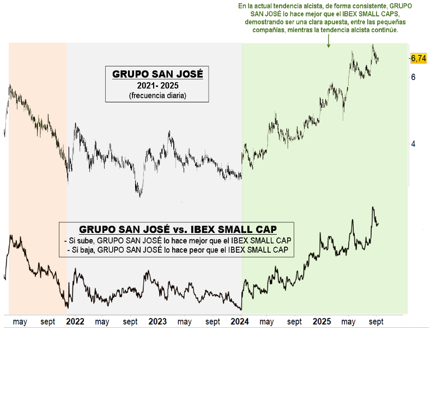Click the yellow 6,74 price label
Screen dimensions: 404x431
click(418, 58)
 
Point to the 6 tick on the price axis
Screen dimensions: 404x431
click(414, 77)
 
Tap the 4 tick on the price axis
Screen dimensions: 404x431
click(414, 144)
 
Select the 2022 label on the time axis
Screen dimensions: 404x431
click(75, 322)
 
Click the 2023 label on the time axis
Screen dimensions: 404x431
click(157, 322)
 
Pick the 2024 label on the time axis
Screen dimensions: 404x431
click(240, 322)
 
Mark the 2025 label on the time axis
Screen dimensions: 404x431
click(322, 322)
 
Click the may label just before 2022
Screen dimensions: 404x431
click(20, 322)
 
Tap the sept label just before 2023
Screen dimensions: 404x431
click(130, 322)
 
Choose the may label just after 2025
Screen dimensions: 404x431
click(349, 322)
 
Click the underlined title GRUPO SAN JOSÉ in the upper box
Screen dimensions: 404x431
click(157, 74)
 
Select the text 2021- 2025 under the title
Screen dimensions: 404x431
click(157, 86)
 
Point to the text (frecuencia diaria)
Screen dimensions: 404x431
click(157, 95)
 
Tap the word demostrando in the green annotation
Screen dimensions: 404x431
click(265, 22)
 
